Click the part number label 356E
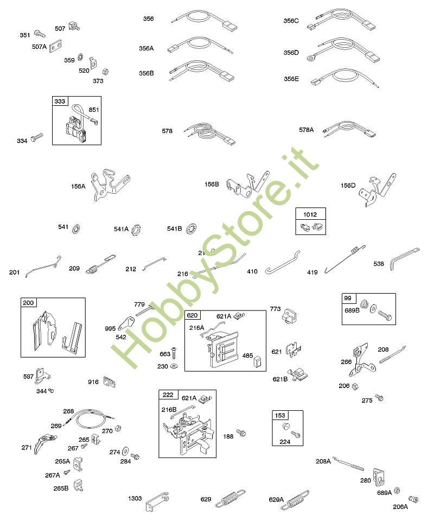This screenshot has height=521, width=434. (x=291, y=79)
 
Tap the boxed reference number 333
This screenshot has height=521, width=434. (x=59, y=101)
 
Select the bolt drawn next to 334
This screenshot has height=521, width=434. (x=37, y=139)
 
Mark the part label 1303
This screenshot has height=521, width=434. (x=135, y=498)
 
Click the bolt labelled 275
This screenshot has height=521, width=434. (x=379, y=398)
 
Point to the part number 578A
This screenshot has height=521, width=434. (x=307, y=130)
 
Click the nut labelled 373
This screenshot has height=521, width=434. (x=106, y=71)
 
